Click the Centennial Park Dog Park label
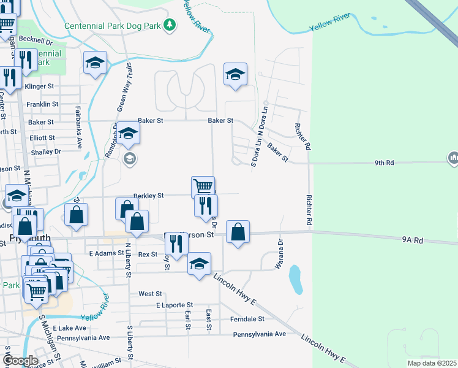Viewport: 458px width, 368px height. click(x=115, y=26)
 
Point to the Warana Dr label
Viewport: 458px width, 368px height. click(x=280, y=251)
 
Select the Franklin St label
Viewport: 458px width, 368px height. click(x=42, y=104)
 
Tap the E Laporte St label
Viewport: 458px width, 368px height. click(x=174, y=304)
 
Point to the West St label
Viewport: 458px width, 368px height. click(x=149, y=294)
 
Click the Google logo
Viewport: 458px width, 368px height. click(x=20, y=360)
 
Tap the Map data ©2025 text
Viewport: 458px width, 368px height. click(x=431, y=363)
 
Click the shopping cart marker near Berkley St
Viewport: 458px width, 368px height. click(x=203, y=186)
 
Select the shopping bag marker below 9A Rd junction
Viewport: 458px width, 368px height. click(x=238, y=232)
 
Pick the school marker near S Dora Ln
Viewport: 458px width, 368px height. click(x=235, y=75)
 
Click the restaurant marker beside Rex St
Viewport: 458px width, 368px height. click(x=176, y=244)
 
